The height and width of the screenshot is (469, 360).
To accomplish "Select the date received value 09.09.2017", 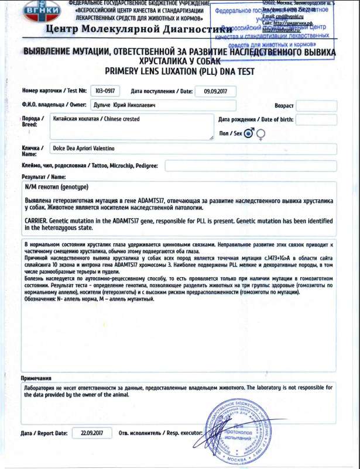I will [x=215, y=91].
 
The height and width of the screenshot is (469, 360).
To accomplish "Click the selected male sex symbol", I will [x=249, y=133].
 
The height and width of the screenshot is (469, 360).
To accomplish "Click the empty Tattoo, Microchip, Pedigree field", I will [x=252, y=166].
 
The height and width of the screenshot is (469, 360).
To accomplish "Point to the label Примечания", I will [x=37, y=378].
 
